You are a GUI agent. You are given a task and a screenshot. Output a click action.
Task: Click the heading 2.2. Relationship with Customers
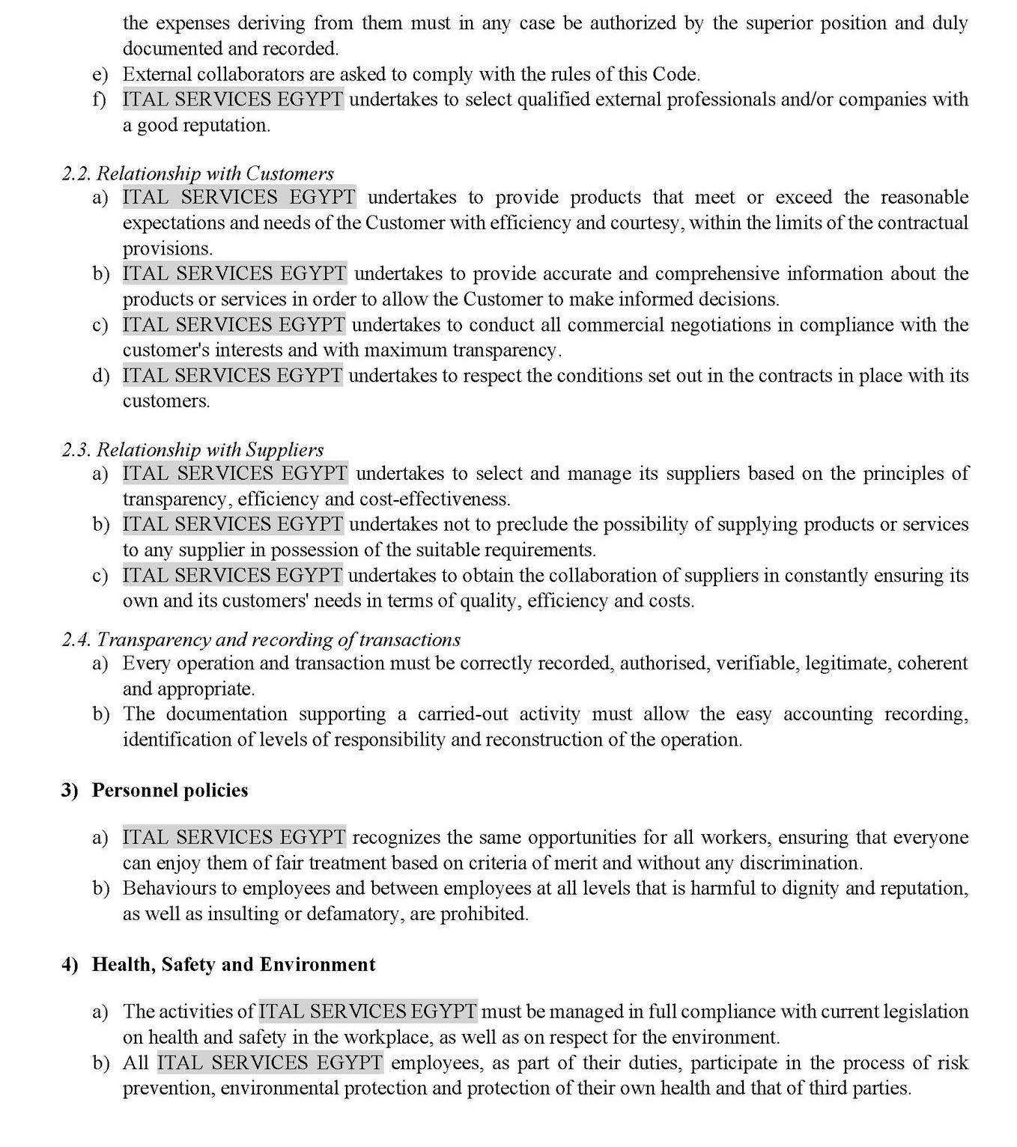click(x=198, y=174)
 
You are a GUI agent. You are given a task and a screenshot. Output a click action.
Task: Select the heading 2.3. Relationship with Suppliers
click(x=192, y=450)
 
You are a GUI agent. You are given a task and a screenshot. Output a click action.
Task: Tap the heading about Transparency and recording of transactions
click(x=261, y=639)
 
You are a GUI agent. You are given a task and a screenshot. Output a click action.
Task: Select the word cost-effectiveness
click(x=434, y=499)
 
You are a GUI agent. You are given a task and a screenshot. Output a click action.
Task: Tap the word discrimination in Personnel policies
click(x=800, y=863)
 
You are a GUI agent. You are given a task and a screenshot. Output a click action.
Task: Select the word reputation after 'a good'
click(x=225, y=126)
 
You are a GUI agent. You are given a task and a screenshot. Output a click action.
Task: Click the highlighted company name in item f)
click(x=233, y=100)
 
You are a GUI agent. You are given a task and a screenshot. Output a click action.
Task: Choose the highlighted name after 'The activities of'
click(x=368, y=1012)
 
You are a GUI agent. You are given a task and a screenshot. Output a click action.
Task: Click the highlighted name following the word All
click(x=270, y=1063)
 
